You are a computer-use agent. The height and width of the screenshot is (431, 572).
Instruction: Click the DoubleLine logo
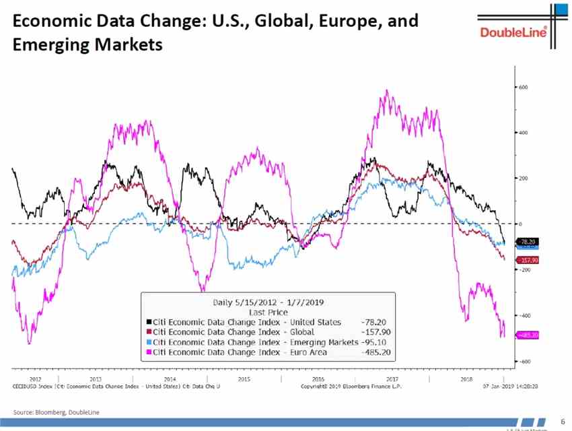(513, 32)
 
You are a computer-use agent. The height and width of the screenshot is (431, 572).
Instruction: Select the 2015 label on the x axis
(244, 379)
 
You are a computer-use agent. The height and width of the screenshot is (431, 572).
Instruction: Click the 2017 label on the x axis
(392, 379)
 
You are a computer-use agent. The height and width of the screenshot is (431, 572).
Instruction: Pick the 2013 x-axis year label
(96, 379)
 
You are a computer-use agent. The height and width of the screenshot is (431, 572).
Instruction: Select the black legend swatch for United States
(148, 323)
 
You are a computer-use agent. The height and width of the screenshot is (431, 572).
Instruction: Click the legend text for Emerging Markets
(256, 342)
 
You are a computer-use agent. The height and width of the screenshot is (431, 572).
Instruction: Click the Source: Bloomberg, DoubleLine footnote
(56, 411)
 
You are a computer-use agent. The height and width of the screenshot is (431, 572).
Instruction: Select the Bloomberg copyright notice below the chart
(351, 387)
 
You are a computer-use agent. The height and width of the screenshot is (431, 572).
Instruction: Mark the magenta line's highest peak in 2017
(387, 91)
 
